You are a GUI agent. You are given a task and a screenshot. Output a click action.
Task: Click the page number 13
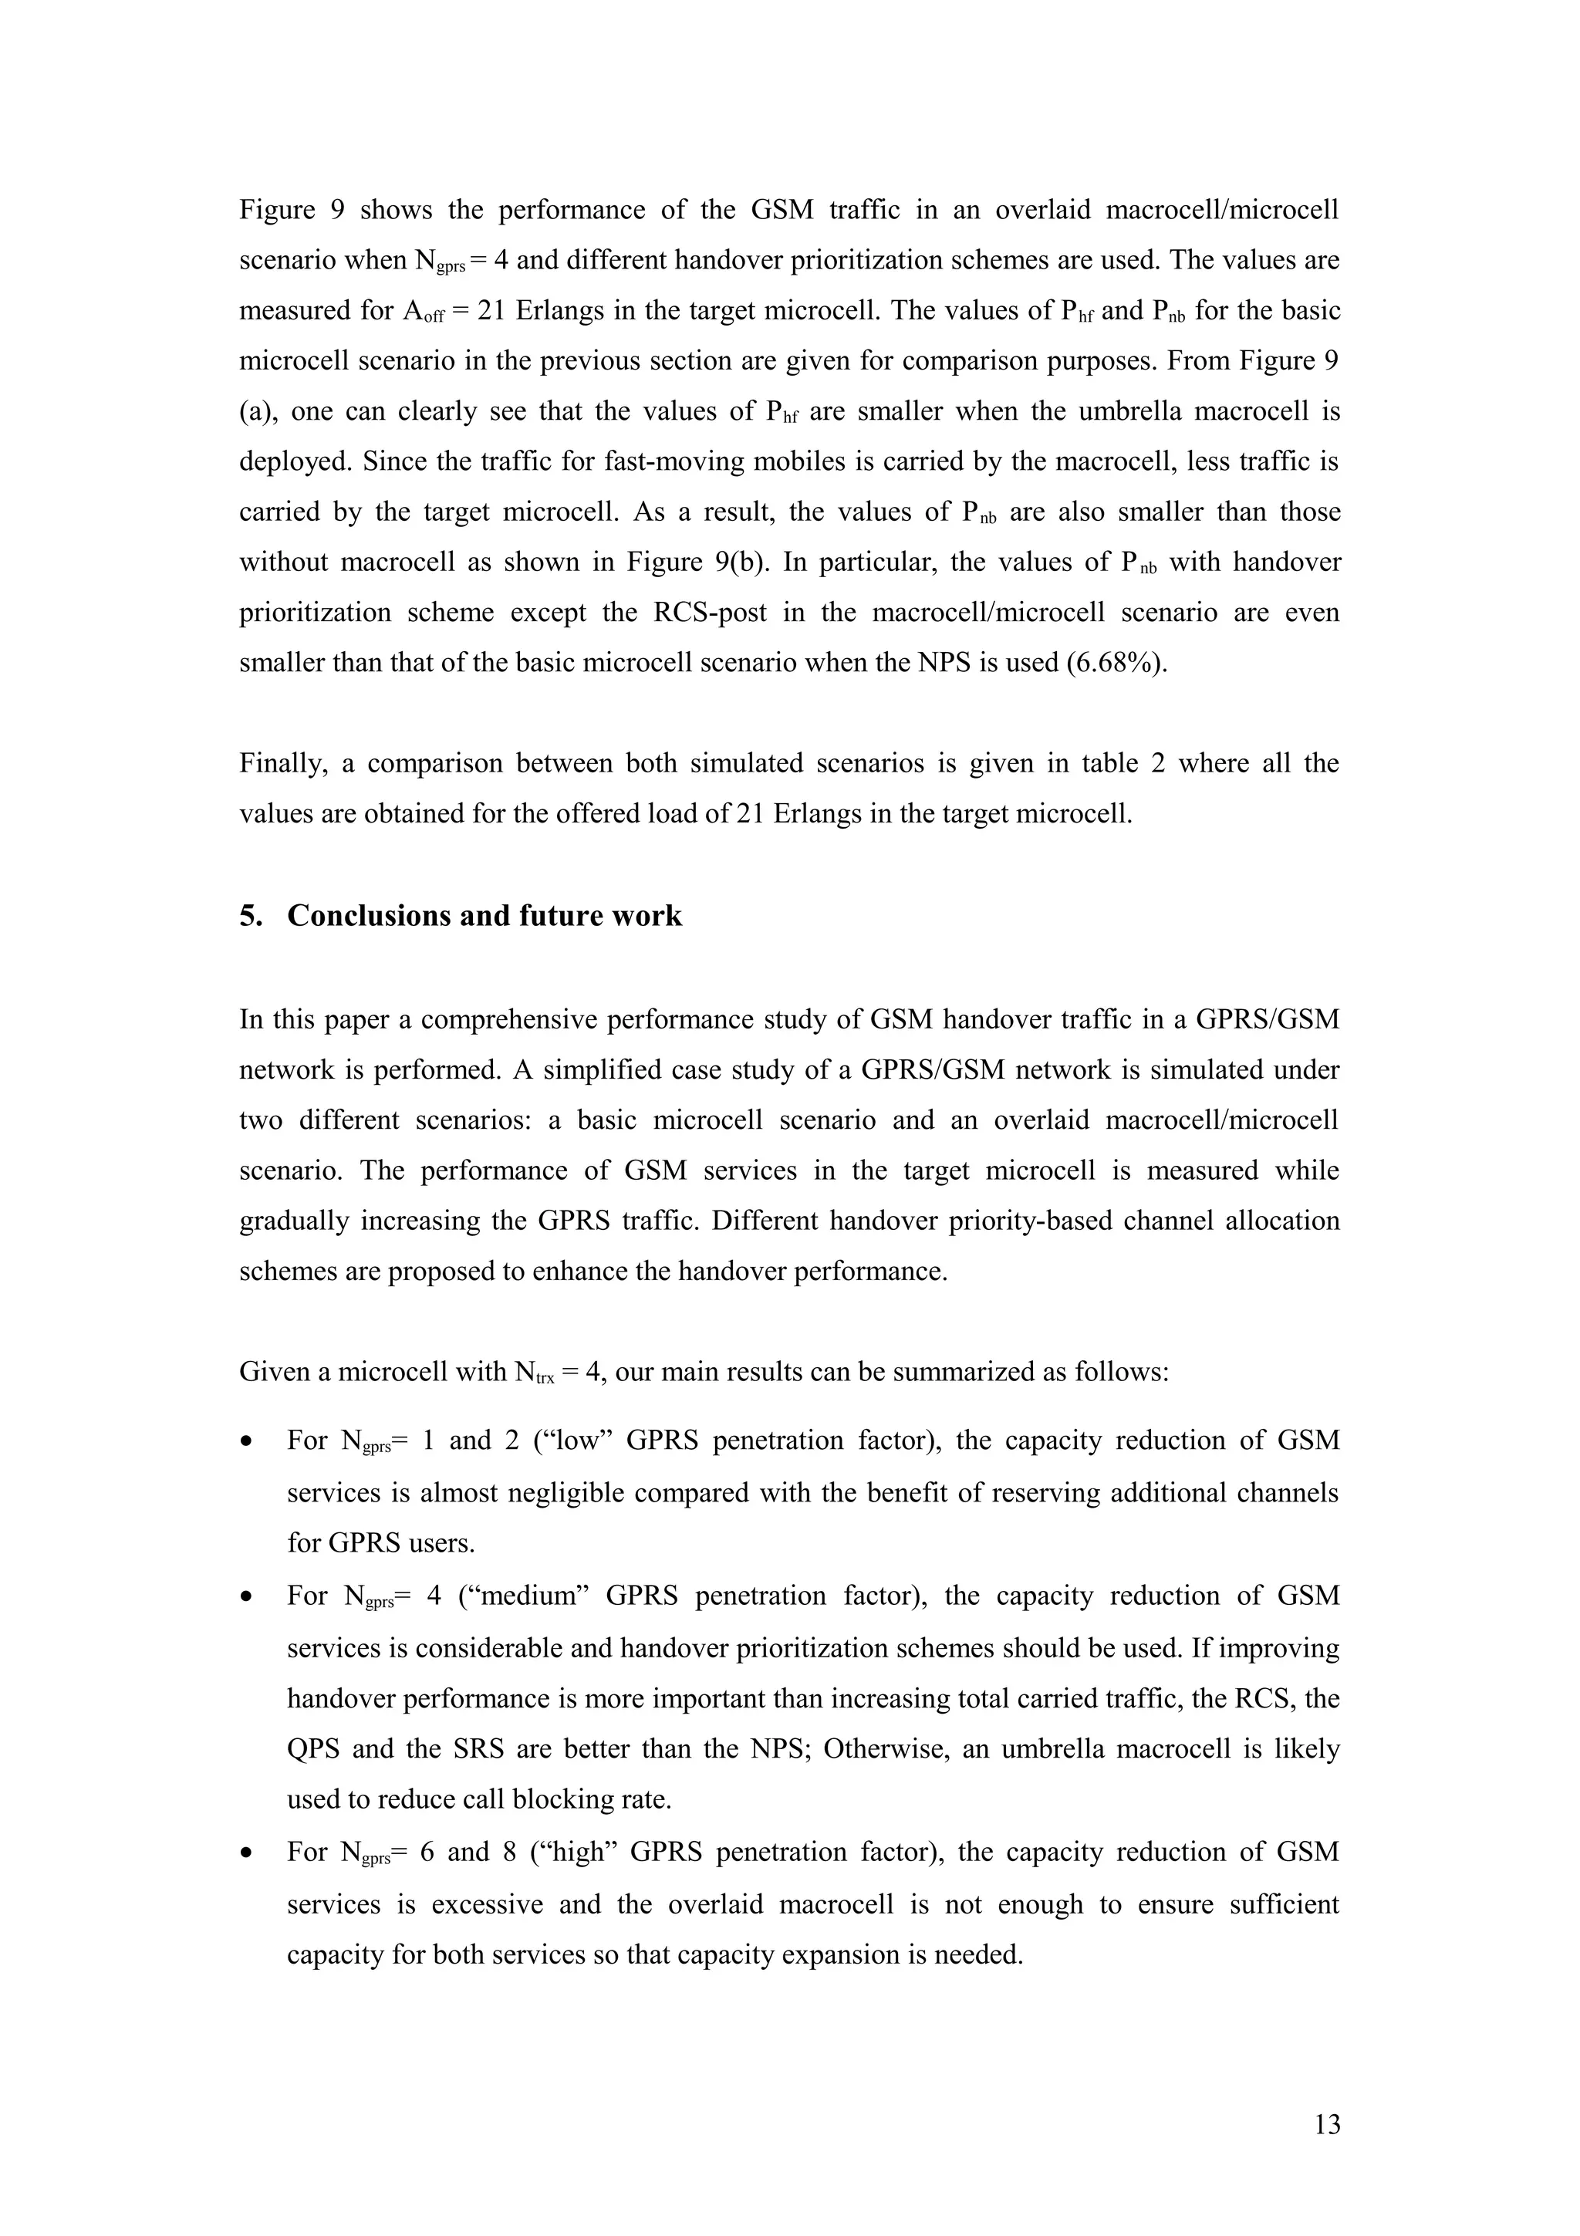(x=1327, y=2126)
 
